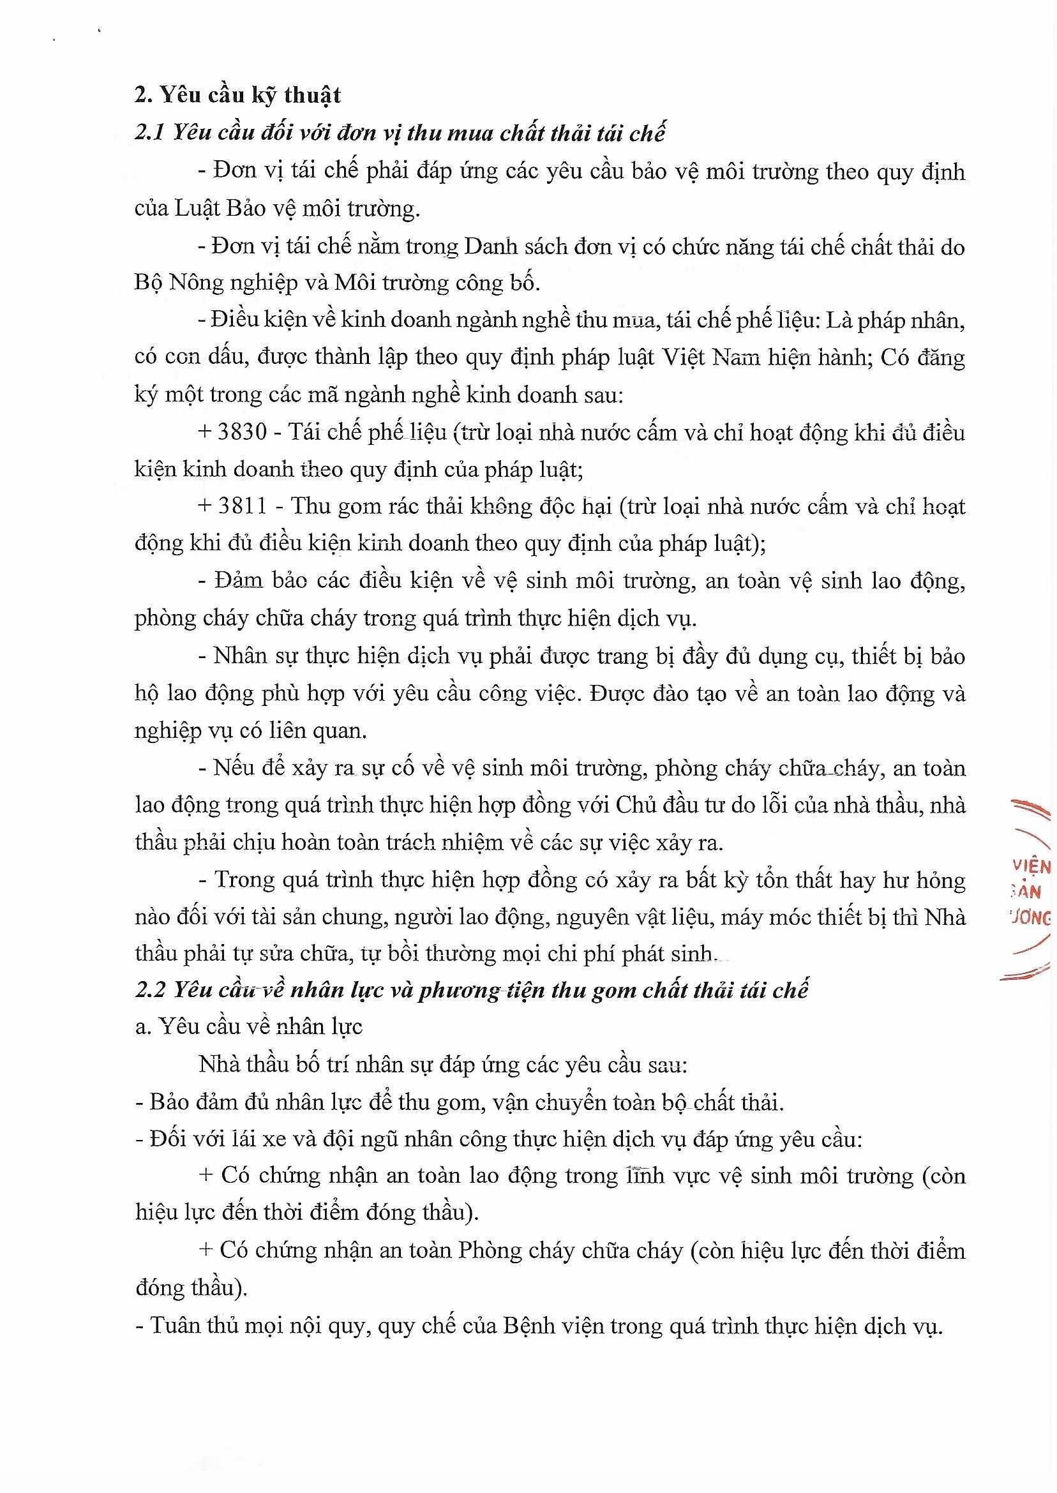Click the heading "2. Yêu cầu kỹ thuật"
pos(237,95)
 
